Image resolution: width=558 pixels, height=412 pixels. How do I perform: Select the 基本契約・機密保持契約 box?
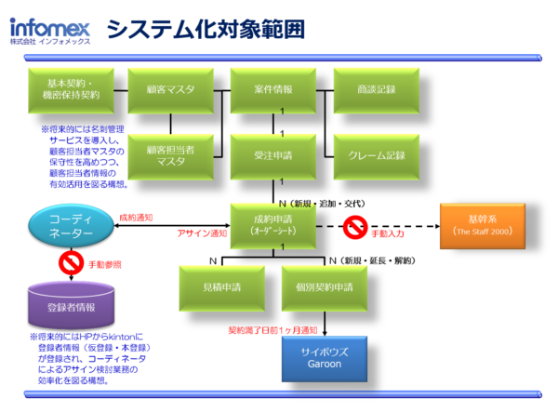pos(71,89)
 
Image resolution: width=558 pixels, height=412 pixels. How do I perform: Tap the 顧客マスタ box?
pos(170,89)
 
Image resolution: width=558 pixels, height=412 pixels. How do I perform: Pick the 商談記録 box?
pos(376,89)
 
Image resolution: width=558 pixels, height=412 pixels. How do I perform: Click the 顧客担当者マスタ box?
pos(170,154)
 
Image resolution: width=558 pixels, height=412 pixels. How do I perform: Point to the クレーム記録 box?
pos(376,154)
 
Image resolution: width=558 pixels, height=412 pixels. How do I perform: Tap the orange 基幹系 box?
pos(482,224)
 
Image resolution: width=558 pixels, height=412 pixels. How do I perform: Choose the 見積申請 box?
pos(221,286)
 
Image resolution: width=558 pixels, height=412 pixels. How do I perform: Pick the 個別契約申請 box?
pos(331,286)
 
